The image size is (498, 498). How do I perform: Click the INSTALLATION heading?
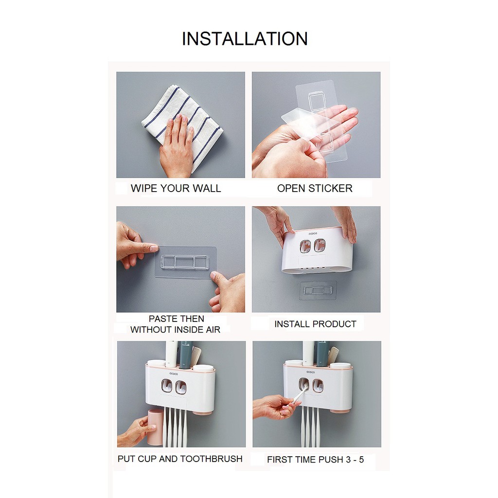245,39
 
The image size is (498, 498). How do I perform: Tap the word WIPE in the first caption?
144,188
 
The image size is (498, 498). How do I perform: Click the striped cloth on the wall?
181,125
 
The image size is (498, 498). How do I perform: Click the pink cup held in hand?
155,427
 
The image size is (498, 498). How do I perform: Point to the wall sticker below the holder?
318,290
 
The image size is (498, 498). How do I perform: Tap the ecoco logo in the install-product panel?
313,234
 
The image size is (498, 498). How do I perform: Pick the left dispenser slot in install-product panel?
305,246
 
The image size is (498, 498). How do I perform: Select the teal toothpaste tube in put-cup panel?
186,354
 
